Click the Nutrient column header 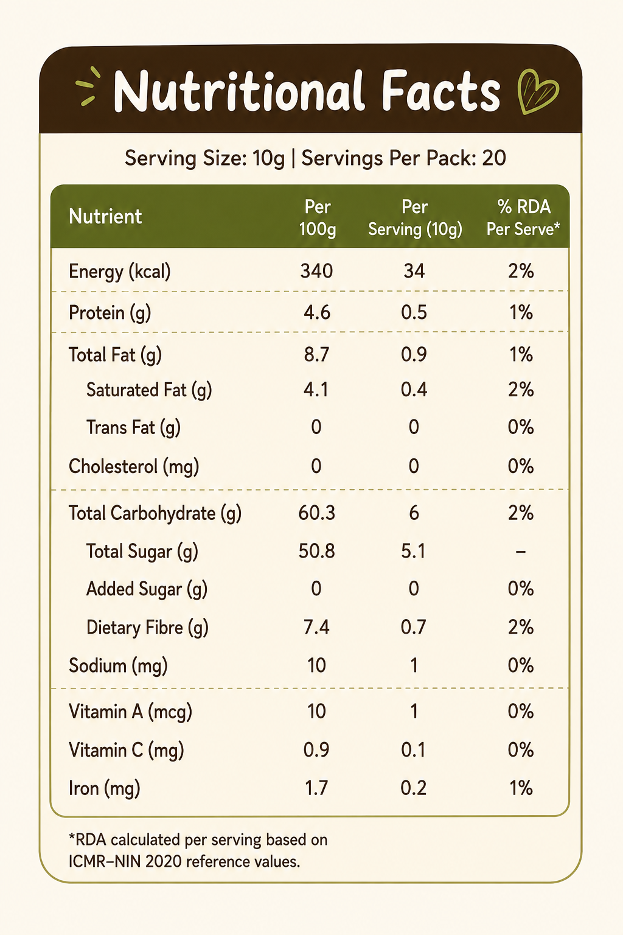click(105, 217)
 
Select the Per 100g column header click(318, 218)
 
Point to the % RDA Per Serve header click(523, 218)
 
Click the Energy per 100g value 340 click(317, 271)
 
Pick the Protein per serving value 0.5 click(414, 312)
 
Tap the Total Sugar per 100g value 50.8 click(317, 551)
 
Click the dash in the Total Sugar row click(520, 552)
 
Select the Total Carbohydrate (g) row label click(155, 513)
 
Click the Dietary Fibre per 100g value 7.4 click(317, 627)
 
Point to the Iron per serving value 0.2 click(414, 788)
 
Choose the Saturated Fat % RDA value click(521, 390)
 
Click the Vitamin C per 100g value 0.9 click(317, 750)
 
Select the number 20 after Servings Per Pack click(493, 158)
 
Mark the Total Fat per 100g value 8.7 click(317, 354)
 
